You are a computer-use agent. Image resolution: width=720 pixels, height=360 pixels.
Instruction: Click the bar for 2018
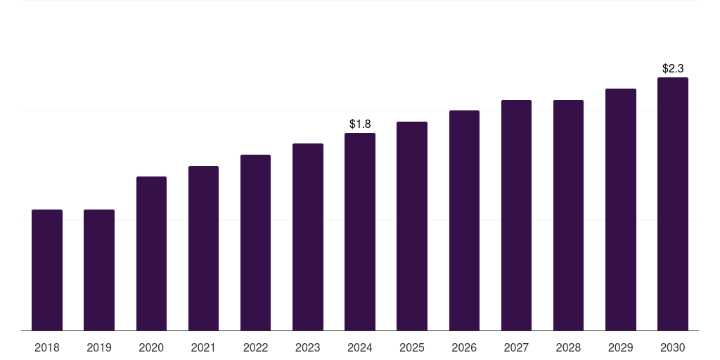(47, 270)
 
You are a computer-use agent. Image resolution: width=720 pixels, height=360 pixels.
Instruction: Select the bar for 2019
(99, 270)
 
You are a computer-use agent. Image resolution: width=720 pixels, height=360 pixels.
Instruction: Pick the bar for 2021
(203, 248)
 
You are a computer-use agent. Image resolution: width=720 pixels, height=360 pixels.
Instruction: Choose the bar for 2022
(255, 243)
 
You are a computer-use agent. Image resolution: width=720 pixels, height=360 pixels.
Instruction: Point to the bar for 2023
(308, 237)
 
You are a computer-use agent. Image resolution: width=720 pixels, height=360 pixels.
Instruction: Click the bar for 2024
(360, 231)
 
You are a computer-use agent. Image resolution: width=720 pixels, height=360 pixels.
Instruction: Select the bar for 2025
(412, 226)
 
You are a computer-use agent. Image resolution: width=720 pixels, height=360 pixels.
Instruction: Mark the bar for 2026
(464, 220)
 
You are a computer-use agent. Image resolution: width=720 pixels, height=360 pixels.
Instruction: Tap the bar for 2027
(516, 215)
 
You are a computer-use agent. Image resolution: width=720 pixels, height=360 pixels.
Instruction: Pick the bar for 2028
(568, 215)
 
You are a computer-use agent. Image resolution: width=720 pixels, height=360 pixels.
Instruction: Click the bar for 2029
(621, 210)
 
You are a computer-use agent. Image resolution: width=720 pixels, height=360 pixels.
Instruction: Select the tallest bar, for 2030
(673, 204)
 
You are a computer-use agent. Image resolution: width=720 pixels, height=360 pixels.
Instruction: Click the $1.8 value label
(360, 124)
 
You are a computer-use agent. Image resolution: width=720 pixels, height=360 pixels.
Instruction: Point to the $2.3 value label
(673, 68)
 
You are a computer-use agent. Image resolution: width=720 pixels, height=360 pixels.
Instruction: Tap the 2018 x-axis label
(47, 347)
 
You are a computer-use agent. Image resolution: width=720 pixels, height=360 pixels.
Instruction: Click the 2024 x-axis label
(360, 347)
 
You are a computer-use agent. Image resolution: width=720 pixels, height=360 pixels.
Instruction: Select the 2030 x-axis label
(673, 347)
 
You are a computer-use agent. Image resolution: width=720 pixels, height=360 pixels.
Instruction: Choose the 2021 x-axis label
(203, 347)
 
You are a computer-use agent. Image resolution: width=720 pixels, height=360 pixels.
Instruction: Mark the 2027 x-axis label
(516, 347)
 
